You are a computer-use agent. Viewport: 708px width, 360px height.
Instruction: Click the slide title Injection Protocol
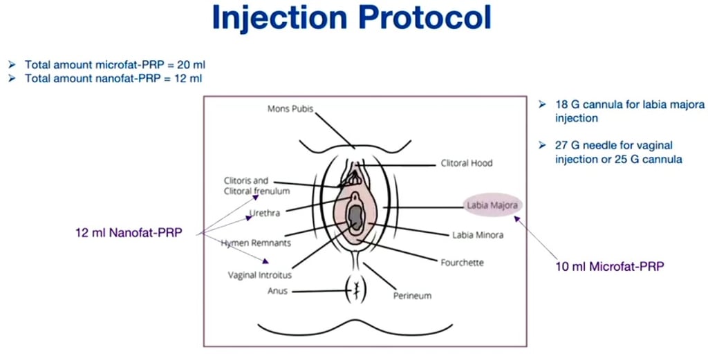(x=352, y=18)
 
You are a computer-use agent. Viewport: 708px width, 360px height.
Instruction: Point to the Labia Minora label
(x=478, y=235)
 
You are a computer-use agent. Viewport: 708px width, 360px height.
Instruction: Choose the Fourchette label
(x=462, y=263)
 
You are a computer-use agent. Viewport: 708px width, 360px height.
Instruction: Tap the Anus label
(x=277, y=291)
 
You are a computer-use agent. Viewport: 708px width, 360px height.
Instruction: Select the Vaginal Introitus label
(x=260, y=275)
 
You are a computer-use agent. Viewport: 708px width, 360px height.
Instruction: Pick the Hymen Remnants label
(x=256, y=243)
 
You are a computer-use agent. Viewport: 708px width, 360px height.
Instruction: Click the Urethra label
(x=265, y=214)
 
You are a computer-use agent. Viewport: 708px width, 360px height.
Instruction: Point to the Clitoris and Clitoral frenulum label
(x=257, y=185)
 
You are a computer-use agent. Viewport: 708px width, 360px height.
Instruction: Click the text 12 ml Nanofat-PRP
(x=129, y=233)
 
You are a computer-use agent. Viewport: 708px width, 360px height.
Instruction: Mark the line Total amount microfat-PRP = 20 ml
(x=115, y=65)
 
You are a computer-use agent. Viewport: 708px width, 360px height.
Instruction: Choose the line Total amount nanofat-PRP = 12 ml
(x=113, y=78)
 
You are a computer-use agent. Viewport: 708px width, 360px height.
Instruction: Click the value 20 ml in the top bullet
(x=192, y=65)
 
